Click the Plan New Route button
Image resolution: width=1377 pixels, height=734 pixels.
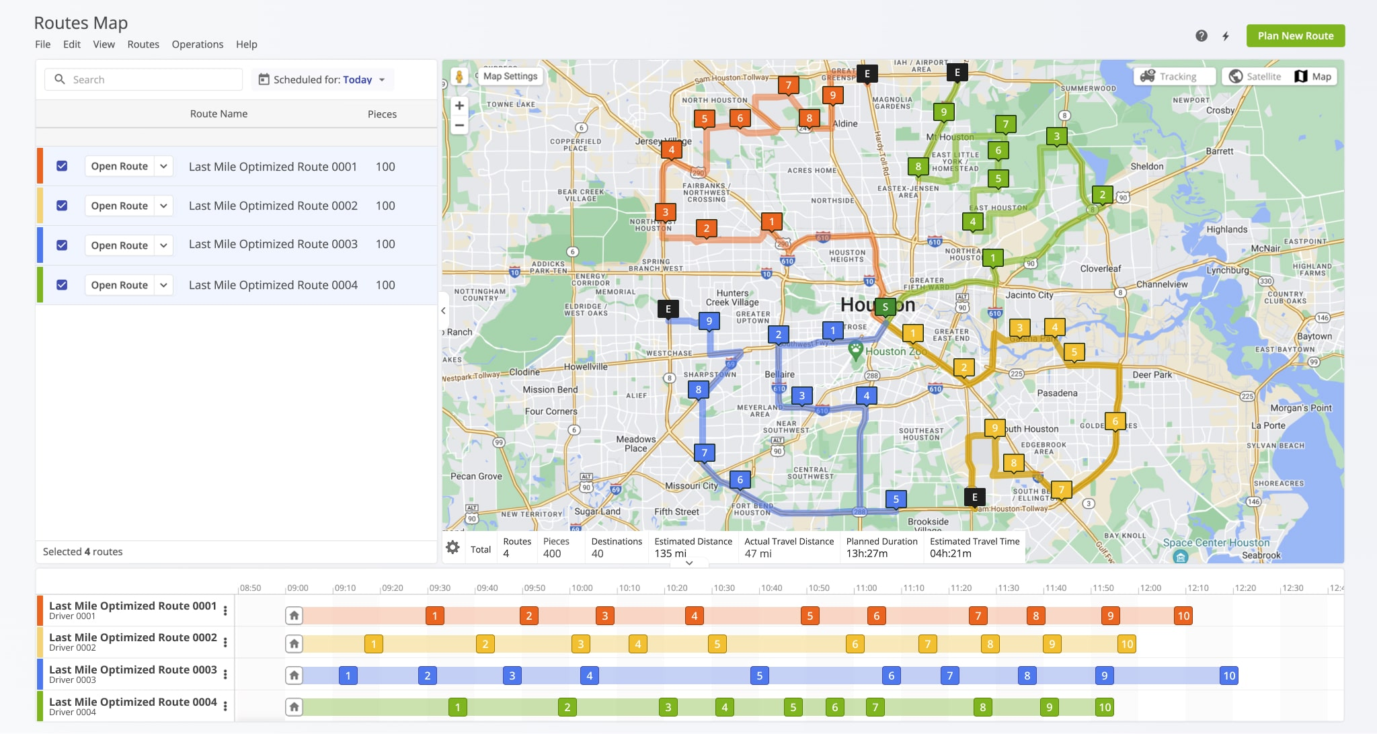pyautogui.click(x=1295, y=36)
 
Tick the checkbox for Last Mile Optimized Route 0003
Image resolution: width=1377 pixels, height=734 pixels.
pyautogui.click(x=62, y=245)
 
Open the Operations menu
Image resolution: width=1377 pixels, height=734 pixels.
pyautogui.click(x=197, y=44)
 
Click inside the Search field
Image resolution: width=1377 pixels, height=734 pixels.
pyautogui.click(x=155, y=79)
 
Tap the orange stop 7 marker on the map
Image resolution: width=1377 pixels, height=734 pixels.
pyautogui.click(x=788, y=85)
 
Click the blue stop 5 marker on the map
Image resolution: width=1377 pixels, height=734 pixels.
pyautogui.click(x=896, y=499)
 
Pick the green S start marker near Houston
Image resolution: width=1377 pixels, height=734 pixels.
pyautogui.click(x=885, y=307)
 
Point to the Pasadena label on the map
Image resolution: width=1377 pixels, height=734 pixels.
pyautogui.click(x=1057, y=393)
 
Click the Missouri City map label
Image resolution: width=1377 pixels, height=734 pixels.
pyautogui.click(x=691, y=485)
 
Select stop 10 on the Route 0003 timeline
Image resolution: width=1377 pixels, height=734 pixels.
pyautogui.click(x=1229, y=676)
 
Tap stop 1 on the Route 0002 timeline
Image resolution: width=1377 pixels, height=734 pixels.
pyautogui.click(x=374, y=644)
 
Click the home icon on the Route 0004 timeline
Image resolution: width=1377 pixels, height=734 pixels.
pyautogui.click(x=294, y=707)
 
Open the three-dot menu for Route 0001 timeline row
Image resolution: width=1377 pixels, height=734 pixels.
pyautogui.click(x=225, y=610)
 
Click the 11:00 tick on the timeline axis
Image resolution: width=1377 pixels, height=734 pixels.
pyautogui.click(x=866, y=588)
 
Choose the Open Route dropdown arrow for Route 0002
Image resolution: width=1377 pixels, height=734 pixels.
pyautogui.click(x=163, y=206)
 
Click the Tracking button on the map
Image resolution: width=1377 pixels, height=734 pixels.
pyautogui.click(x=1174, y=77)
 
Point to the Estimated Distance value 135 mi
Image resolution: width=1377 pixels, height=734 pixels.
pyautogui.click(x=670, y=554)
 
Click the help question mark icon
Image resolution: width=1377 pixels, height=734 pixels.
pyautogui.click(x=1202, y=36)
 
